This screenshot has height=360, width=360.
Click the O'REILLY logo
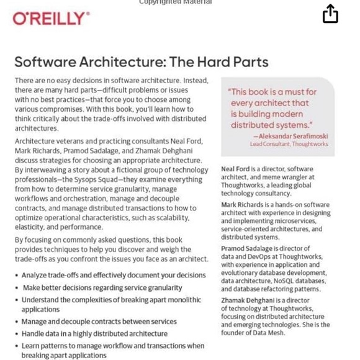pyautogui.click(x=51, y=19)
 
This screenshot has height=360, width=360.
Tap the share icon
pyautogui.click(x=330, y=14)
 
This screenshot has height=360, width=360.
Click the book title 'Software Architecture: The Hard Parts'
pyautogui.click(x=142, y=62)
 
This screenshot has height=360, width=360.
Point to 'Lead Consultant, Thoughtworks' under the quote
pyautogui.click(x=289, y=144)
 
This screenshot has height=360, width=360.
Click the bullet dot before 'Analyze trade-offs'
pyautogui.click(x=17, y=276)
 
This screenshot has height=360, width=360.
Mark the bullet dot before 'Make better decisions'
pyautogui.click(x=17, y=288)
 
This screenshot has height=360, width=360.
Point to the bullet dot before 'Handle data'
pyautogui.click(x=17, y=334)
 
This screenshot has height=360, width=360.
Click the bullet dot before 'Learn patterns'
pyautogui.click(x=17, y=346)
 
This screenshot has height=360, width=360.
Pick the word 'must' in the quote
pyautogui.click(x=290, y=92)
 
